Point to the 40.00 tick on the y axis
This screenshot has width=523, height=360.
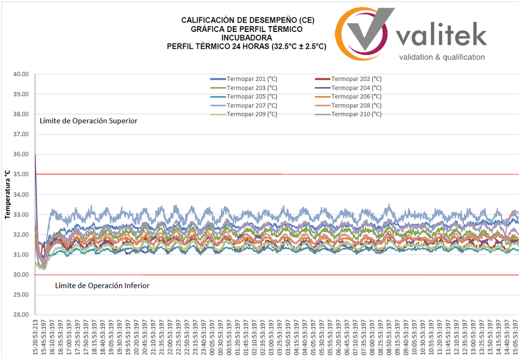(21, 74)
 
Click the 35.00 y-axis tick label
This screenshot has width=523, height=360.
(21, 174)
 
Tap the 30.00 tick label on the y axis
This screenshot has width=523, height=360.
(21, 275)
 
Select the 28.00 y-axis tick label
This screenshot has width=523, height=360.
(21, 315)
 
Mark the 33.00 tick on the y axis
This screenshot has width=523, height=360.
(21, 215)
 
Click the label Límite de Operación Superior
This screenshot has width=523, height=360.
(88, 121)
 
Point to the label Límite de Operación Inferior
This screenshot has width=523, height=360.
(102, 286)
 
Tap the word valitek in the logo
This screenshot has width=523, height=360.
(442, 37)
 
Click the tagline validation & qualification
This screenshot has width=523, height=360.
(442, 57)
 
